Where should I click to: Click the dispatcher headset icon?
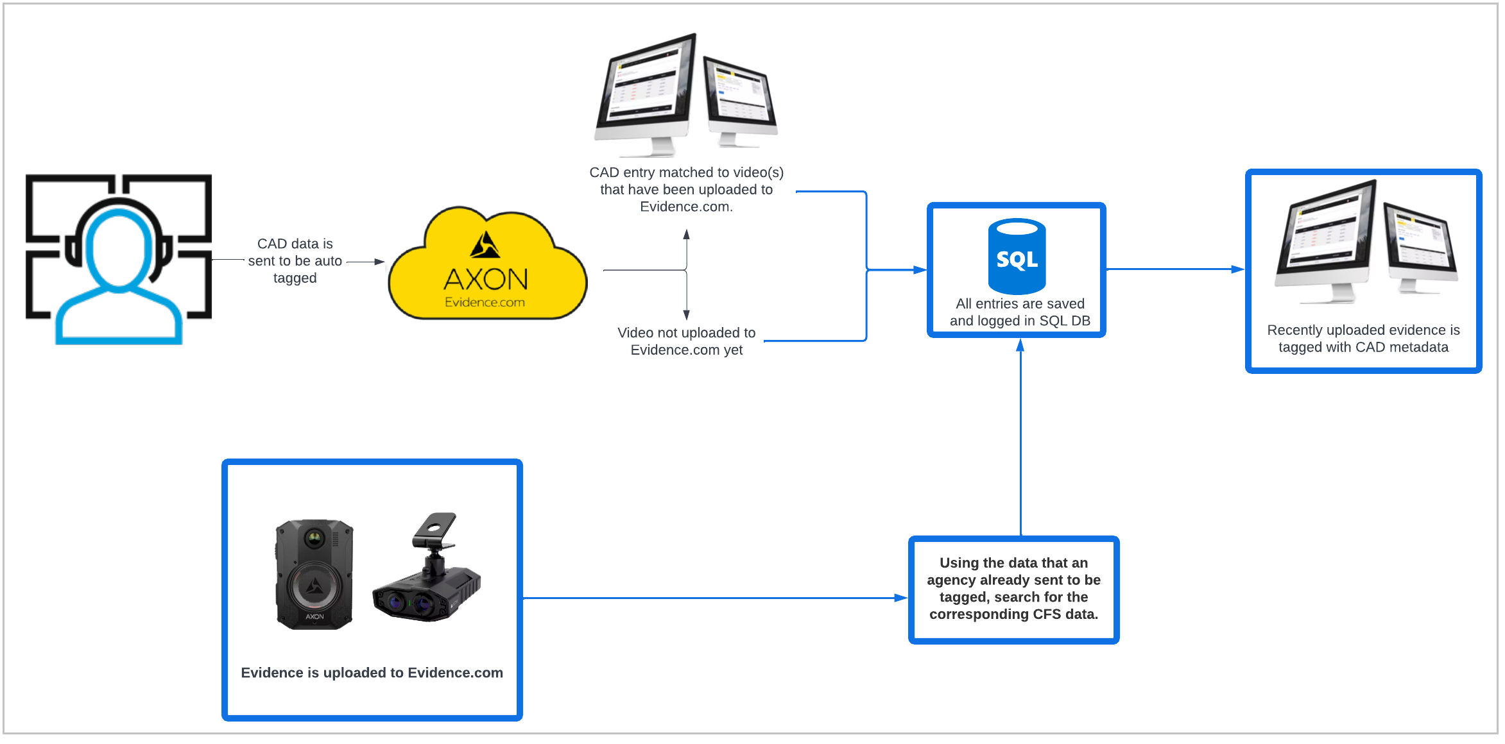119,259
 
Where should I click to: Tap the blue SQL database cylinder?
1017,256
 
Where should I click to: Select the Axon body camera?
314,574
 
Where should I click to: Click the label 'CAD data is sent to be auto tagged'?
295,261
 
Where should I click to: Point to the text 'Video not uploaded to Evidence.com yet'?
686,341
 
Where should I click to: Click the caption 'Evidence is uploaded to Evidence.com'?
372,673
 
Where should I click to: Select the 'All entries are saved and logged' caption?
1019,312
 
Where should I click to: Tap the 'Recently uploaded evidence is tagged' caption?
1363,339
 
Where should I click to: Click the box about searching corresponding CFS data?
1013,589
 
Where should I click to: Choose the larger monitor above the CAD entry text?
645,93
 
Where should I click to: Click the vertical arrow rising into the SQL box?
1020,436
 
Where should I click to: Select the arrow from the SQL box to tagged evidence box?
1174,269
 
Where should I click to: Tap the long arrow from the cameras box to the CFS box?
712,598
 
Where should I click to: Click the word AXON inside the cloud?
486,280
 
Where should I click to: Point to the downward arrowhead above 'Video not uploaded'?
686,314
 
